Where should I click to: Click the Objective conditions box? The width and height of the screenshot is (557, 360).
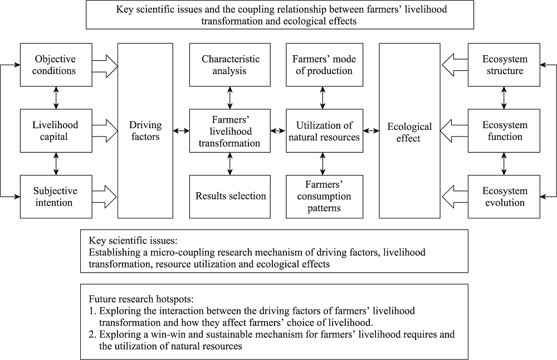click(x=56, y=65)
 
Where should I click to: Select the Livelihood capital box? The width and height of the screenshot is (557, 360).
click(x=56, y=131)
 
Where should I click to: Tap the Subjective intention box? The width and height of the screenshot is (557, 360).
click(x=56, y=197)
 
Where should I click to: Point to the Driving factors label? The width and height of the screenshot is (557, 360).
click(x=145, y=131)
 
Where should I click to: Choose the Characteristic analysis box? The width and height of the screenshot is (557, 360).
click(x=230, y=65)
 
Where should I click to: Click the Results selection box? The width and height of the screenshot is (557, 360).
click(x=230, y=197)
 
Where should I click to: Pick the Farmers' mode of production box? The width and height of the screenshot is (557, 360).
click(x=324, y=65)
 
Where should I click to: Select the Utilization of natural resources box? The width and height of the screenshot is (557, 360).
click(x=324, y=131)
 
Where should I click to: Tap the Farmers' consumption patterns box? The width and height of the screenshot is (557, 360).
click(x=324, y=197)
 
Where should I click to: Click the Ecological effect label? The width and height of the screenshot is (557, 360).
click(x=409, y=132)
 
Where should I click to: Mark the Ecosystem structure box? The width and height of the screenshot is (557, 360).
click(x=504, y=65)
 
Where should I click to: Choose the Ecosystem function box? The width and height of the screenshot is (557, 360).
click(x=504, y=131)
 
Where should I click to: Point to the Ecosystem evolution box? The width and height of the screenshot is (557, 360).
click(x=504, y=197)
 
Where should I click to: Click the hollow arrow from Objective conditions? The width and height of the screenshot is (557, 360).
click(x=105, y=66)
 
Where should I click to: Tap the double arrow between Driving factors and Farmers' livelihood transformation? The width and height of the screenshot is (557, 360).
click(x=181, y=131)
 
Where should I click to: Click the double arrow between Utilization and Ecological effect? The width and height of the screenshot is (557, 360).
click(x=371, y=131)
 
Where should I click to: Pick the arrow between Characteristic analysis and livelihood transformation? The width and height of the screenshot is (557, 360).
click(x=230, y=98)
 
